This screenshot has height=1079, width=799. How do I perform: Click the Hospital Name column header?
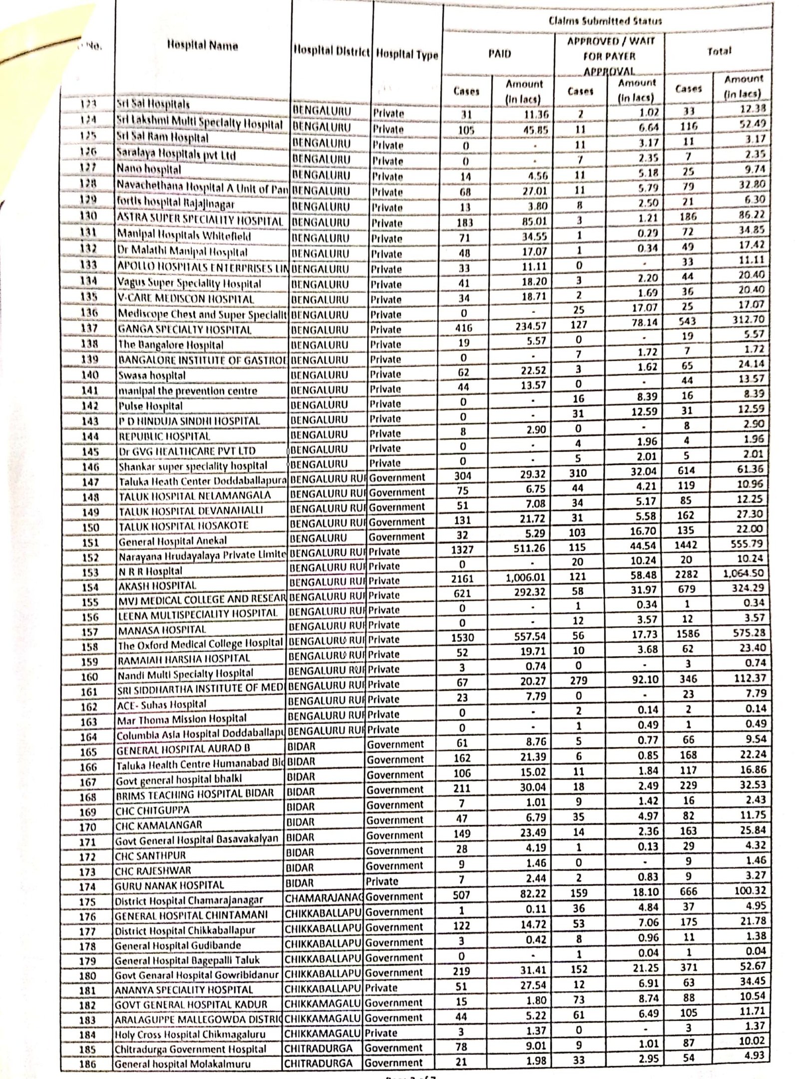202,46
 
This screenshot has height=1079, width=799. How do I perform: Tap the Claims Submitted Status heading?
605,21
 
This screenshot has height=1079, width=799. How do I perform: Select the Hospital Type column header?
406,54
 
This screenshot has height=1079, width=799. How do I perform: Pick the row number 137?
90,329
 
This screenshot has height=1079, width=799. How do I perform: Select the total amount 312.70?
746,319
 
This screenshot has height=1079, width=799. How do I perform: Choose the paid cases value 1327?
463,549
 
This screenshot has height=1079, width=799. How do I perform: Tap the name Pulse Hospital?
150,406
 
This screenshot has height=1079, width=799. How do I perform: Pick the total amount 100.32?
747,890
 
